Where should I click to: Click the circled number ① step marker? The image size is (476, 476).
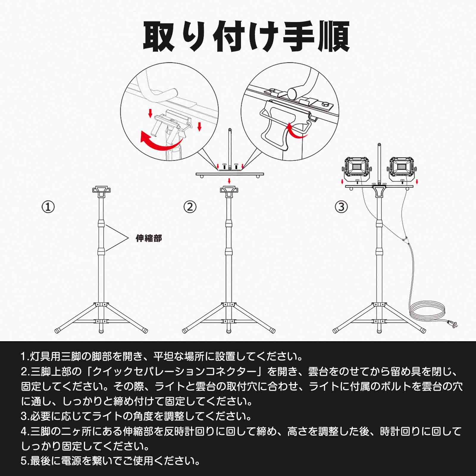48,207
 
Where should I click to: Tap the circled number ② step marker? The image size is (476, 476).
190,207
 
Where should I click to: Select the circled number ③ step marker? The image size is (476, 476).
341,207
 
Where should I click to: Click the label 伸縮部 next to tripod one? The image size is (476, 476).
149,238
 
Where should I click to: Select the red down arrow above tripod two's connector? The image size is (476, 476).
229,181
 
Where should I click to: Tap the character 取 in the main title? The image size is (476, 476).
159,37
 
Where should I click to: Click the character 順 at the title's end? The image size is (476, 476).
333,37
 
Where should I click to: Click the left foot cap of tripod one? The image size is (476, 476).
58,331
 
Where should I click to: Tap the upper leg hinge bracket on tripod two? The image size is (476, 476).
229,305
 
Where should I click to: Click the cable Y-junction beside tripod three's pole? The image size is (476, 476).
404,239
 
